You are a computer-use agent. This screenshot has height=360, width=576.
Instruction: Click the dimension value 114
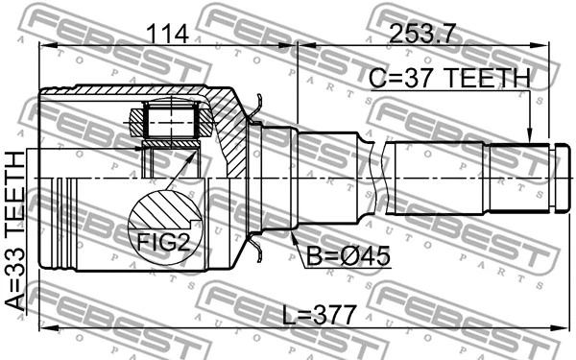coord(167,34)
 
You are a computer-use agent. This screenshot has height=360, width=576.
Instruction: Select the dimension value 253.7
coord(422,34)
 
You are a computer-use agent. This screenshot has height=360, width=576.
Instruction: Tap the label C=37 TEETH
coord(449,79)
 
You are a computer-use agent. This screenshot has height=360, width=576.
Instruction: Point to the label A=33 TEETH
coord(15,231)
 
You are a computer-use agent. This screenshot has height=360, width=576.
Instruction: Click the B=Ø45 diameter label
coord(348,256)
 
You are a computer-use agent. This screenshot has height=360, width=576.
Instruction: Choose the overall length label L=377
coord(320,315)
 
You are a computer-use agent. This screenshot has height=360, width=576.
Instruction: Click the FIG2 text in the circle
coord(163,243)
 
